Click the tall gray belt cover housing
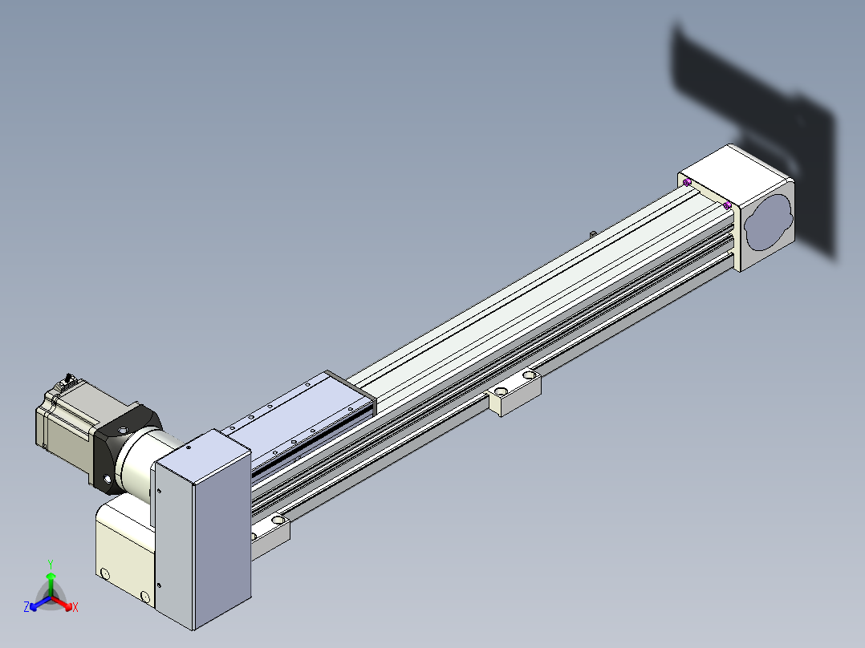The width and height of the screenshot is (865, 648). point(201,529)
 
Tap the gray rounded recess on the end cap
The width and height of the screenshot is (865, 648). point(769,222)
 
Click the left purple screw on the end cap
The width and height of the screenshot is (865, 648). point(687,182)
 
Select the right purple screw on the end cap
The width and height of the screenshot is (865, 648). point(727,205)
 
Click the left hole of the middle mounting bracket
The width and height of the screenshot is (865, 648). point(501,391)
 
